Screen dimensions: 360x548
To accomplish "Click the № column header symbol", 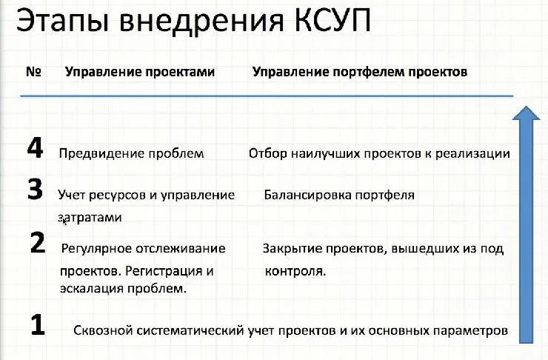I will coord(33,73).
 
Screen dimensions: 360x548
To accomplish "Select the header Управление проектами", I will coord(140,73).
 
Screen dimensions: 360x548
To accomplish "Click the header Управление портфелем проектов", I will coord(360,73).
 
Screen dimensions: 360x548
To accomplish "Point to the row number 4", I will coord(35,149).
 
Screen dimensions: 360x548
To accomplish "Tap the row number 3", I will coord(35,190).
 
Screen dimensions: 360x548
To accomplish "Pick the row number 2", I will coord(39,243).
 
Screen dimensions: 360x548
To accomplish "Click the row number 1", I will coord(39,325).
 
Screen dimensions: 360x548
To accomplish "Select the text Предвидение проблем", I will coord(131,154).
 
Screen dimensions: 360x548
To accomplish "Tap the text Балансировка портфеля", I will coord(338,196).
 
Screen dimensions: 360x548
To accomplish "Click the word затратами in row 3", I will coord(90,218).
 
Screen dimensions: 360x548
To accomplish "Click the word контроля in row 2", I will coord(295,271).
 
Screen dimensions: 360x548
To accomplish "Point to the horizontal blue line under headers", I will coord(267,96).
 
